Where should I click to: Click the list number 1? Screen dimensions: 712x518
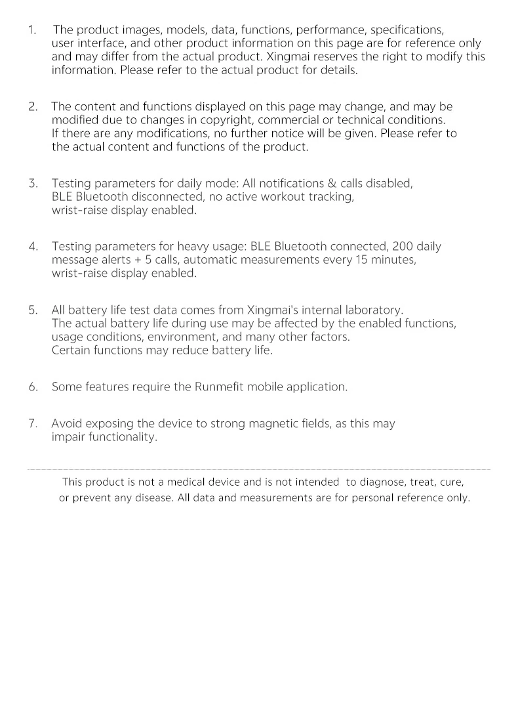(x=31, y=30)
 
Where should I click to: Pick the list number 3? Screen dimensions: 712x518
(x=32, y=184)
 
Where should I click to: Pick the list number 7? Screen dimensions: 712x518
(x=32, y=424)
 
